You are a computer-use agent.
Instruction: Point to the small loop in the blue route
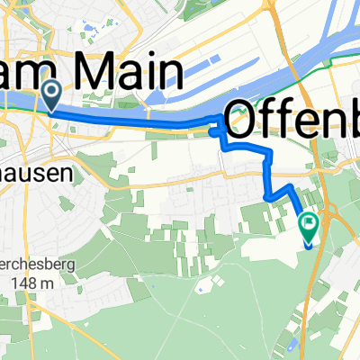[x=216, y=133]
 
